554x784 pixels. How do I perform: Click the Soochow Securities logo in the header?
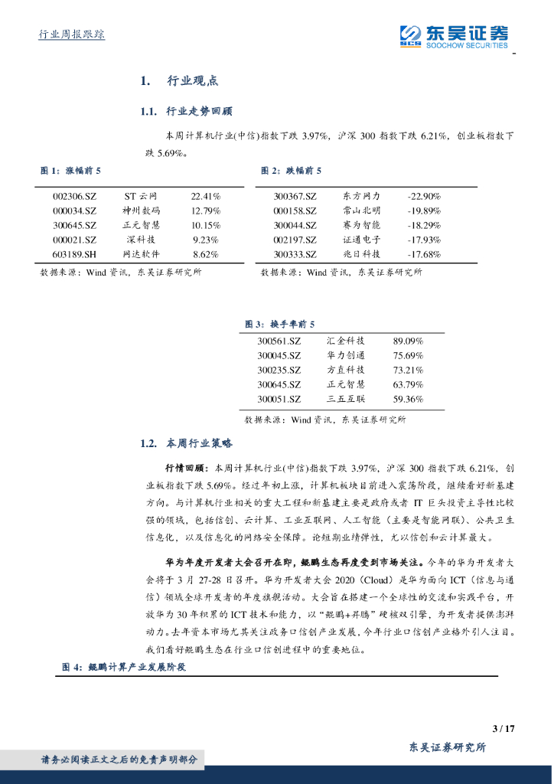click(x=454, y=35)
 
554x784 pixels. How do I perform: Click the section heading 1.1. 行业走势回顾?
click(x=181, y=112)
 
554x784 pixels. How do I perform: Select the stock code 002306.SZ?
click(x=75, y=196)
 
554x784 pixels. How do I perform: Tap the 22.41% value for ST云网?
click(x=206, y=196)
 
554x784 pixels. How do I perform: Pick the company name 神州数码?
click(x=141, y=211)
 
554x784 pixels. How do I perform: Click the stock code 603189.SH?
click(x=75, y=254)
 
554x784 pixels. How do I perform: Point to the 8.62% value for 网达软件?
click(x=206, y=254)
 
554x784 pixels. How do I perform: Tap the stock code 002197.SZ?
click(x=295, y=240)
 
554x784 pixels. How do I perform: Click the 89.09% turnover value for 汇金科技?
click(x=408, y=341)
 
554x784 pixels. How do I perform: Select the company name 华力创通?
click(x=346, y=355)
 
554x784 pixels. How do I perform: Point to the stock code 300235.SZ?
click(x=279, y=370)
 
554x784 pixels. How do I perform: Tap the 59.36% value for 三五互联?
click(x=408, y=399)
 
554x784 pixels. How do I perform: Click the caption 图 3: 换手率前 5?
click(x=279, y=325)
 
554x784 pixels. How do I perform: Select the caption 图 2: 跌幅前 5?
click(x=292, y=170)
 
